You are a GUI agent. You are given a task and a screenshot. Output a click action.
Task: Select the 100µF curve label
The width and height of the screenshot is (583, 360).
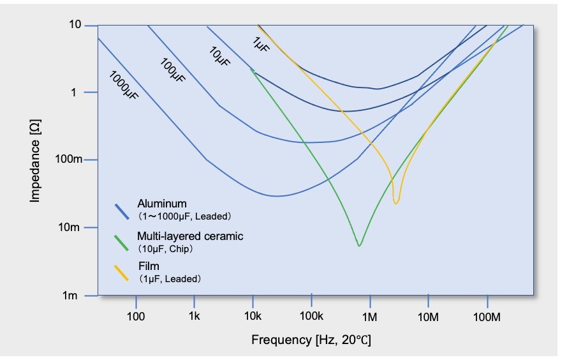pos(172,68)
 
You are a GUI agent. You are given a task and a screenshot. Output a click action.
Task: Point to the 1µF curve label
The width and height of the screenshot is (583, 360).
pos(260,44)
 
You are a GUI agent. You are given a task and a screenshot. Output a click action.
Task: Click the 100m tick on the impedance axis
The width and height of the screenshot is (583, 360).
pos(70,160)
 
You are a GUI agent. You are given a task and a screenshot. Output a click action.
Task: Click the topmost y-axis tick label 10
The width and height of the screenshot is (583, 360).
pos(75,25)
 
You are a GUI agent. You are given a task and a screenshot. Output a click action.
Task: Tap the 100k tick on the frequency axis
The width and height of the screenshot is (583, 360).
pos(311,316)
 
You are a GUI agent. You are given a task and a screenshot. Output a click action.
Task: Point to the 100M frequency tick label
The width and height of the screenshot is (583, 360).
pos(487,316)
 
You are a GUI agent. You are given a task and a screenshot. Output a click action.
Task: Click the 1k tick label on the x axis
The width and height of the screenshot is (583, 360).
pos(195,316)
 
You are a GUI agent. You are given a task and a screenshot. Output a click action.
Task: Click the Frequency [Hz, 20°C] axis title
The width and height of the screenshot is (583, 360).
pos(311,339)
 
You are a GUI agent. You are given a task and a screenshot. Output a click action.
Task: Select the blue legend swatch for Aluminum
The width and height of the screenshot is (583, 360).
pos(122,211)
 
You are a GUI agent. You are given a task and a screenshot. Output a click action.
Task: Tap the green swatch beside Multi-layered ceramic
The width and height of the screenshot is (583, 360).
pos(122,242)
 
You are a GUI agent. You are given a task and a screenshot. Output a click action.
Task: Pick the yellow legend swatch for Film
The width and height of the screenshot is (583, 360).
pos(122,273)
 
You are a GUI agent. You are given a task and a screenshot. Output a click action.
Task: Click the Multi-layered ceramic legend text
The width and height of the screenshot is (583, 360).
pos(190,236)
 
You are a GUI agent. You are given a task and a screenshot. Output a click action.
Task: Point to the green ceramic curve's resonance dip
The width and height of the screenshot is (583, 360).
pos(360,245)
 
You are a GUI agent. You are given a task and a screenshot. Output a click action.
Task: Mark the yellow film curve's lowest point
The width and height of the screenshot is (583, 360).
pos(396,202)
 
